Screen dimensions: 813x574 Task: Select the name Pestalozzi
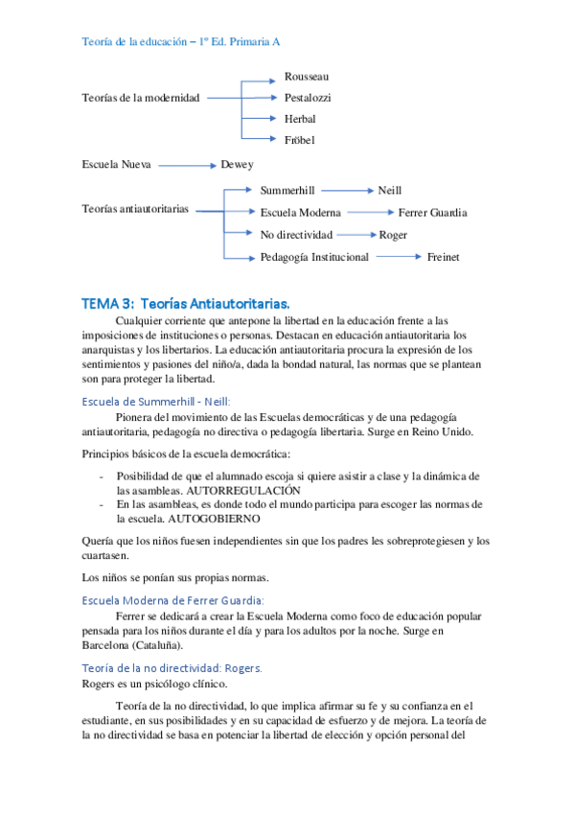(x=308, y=98)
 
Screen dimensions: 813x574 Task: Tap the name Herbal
(x=300, y=119)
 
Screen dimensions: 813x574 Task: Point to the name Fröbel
(x=299, y=140)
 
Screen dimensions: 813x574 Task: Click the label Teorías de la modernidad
(x=141, y=98)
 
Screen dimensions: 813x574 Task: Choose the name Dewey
(x=237, y=165)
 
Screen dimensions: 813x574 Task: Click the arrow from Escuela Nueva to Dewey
(x=187, y=165)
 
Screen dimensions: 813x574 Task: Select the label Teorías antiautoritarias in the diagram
(x=135, y=208)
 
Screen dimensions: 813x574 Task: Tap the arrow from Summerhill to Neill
(x=349, y=192)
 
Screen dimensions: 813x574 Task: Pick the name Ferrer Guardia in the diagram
(x=432, y=213)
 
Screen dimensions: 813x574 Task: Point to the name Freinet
(x=443, y=256)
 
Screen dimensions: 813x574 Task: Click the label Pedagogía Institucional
(x=313, y=256)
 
